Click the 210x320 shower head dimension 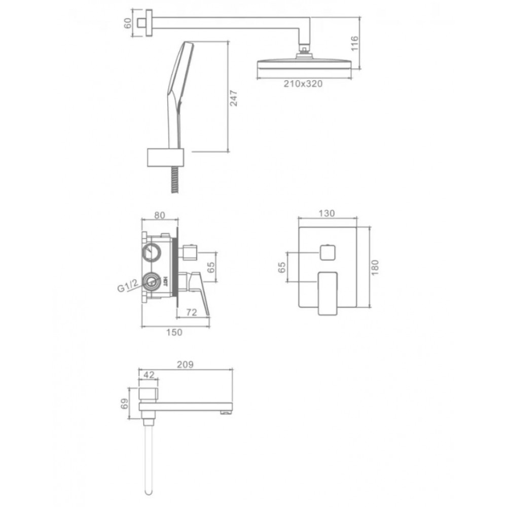[x=303, y=84]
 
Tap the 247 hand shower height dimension [x=233, y=98]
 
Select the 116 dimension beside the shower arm [x=355, y=43]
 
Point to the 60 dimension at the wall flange [x=128, y=23]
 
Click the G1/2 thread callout [x=128, y=285]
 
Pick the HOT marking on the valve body [x=165, y=281]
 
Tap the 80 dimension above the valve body [x=159, y=215]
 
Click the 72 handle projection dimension [x=192, y=312]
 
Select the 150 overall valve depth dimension [x=174, y=332]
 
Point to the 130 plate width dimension [x=327, y=213]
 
